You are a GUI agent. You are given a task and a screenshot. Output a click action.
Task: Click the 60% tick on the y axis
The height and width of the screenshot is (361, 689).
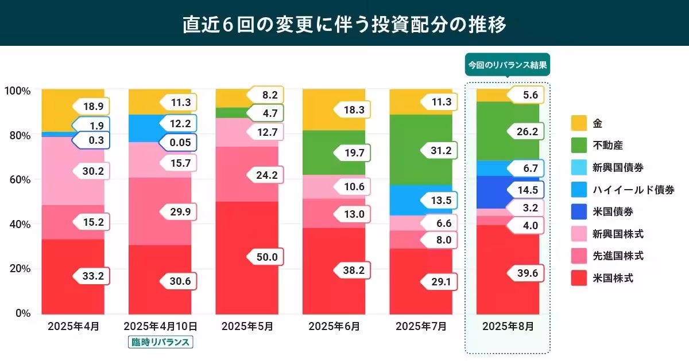20,180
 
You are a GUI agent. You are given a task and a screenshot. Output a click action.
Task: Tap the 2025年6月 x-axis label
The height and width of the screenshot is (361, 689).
334,327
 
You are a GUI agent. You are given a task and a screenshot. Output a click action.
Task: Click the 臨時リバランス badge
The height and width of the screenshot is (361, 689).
161,343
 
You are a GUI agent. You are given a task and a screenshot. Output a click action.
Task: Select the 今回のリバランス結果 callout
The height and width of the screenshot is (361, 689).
508,65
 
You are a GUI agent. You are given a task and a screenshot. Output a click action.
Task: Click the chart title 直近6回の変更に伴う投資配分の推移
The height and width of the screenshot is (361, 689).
344,23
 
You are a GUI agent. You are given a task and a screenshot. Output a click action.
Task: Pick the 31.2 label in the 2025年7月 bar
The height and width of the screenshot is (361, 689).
440,150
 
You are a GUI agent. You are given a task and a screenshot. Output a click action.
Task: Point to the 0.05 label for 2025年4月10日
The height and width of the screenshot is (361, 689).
179,142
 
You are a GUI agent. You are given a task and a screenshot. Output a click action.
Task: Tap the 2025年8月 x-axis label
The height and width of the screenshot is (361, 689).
508,327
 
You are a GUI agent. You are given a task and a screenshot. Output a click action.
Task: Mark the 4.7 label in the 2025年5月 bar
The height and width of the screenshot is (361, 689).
267,113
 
